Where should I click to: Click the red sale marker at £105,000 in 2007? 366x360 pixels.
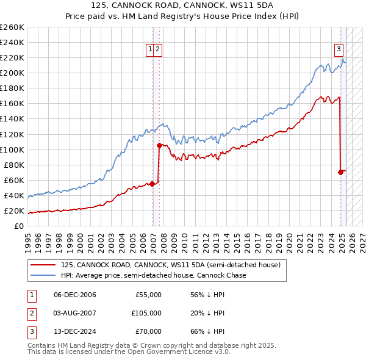pos(159,145)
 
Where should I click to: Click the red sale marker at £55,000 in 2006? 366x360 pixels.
pos(152,184)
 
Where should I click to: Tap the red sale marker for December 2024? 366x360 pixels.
pos(340,172)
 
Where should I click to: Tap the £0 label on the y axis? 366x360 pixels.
pos(18,226)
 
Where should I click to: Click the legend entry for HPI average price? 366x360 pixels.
pos(153,275)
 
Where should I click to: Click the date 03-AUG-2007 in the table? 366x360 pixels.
pos(75,313)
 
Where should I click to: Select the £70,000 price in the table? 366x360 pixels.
pos(148,331)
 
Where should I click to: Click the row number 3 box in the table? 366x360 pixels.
pos(30,331)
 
